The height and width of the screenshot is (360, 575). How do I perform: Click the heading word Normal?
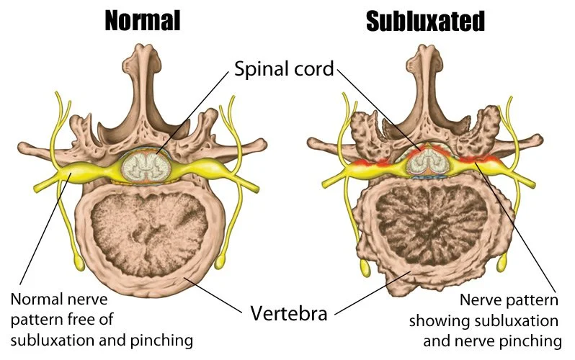[141, 20]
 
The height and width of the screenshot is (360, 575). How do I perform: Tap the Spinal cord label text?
[285, 70]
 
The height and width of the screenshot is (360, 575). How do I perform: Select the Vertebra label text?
[288, 313]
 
